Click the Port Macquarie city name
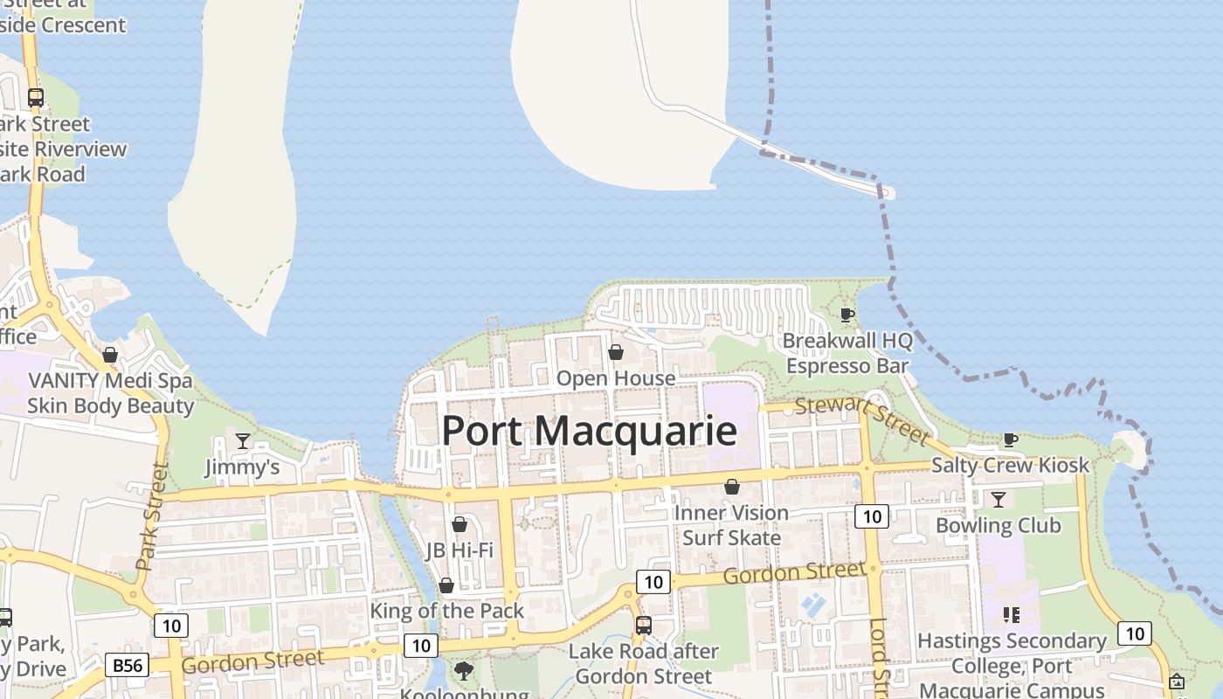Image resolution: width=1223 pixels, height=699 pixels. pos(589,432)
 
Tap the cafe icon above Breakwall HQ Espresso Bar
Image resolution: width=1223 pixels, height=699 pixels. pos(846,315)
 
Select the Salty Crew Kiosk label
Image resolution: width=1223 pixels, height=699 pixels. pos(1010,465)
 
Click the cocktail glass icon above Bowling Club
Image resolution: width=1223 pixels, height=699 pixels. pos(998,499)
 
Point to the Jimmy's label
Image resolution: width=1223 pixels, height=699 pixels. pos(242,467)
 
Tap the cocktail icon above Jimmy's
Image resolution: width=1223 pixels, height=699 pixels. pos(243,441)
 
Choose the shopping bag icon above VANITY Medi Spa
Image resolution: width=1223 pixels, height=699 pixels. pos(110,355)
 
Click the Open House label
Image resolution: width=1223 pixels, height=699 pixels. pos(616,378)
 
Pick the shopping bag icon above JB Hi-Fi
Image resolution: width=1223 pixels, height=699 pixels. pos(459,524)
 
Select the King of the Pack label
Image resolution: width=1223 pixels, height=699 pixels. pos(446,611)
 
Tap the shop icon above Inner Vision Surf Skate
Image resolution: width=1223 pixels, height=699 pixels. pos(732,487)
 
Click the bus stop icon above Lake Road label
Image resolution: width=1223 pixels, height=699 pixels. pos(644,625)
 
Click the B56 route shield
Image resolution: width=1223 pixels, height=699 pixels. pos(127,665)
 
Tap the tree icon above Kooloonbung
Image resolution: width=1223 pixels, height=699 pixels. pos(463,671)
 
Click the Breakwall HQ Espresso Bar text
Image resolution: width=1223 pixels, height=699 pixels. pos(846,353)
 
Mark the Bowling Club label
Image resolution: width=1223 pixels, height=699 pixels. pos(998,525)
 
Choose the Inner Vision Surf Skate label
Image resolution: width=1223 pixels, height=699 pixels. pos(731,525)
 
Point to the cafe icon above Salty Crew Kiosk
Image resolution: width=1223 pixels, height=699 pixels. pos(1010,439)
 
